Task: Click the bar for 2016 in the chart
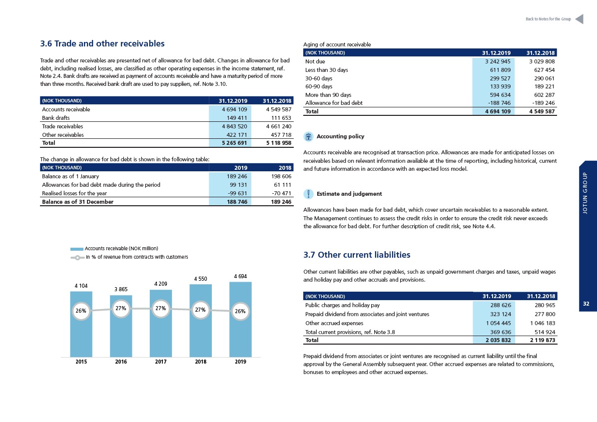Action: pyautogui.click(x=121, y=326)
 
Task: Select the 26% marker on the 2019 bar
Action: pyautogui.click(x=240, y=311)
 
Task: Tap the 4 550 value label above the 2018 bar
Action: pyautogui.click(x=201, y=279)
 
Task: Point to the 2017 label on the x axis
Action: pyautogui.click(x=161, y=362)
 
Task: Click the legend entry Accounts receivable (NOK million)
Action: pyautogui.click(x=114, y=249)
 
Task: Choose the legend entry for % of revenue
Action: pyautogui.click(x=129, y=257)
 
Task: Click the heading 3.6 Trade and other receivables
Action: pyautogui.click(x=102, y=44)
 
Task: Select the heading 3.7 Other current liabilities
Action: pyautogui.click(x=357, y=255)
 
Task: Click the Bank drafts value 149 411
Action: pyautogui.click(x=237, y=118)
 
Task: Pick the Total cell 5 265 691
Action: pyautogui.click(x=234, y=143)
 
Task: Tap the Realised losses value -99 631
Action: pyautogui.click(x=238, y=193)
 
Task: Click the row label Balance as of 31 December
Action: pyautogui.click(x=77, y=202)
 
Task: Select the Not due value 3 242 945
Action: pyautogui.click(x=498, y=61)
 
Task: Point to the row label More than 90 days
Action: pyautogui.click(x=328, y=95)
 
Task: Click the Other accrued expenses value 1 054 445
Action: pyautogui.click(x=499, y=324)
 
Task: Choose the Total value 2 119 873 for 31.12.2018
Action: pyautogui.click(x=543, y=340)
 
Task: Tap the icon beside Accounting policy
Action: pyautogui.click(x=308, y=137)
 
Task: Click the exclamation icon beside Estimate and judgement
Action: pyautogui.click(x=308, y=194)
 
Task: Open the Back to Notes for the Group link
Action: pyautogui.click(x=548, y=19)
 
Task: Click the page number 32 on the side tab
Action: pyautogui.click(x=586, y=304)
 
